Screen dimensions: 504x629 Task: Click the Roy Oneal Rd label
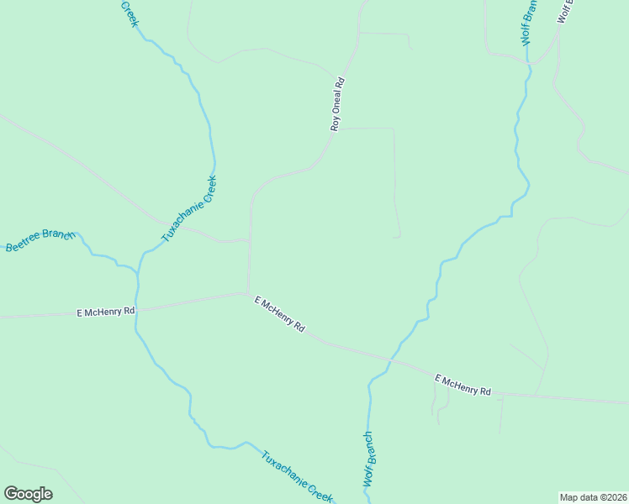[337, 104]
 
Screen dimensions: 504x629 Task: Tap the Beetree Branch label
[40, 240]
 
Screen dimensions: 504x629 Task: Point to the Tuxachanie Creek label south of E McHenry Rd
[297, 476]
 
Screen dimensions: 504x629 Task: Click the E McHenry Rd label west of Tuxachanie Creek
[106, 312]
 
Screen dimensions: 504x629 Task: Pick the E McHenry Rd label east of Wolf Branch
[462, 386]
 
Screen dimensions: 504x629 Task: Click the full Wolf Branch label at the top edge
[528, 22]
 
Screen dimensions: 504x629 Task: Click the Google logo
[28, 494]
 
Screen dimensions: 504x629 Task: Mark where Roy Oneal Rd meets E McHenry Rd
[248, 293]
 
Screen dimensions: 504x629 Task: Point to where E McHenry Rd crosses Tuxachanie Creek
[137, 309]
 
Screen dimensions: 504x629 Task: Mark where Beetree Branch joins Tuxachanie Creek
[137, 270]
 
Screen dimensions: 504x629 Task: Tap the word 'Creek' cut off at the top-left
[129, 13]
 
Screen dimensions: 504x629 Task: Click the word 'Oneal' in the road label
[337, 104]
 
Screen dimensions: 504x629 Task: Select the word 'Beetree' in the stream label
[24, 244]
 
